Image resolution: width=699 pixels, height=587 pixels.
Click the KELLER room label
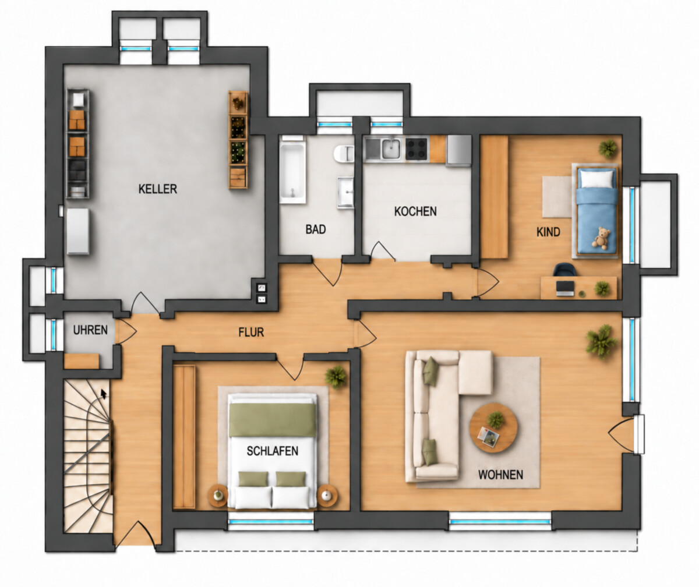(x=158, y=189)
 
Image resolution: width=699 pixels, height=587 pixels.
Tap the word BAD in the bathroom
(x=315, y=229)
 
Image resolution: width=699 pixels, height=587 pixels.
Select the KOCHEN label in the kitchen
(x=415, y=211)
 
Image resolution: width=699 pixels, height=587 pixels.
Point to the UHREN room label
(x=90, y=330)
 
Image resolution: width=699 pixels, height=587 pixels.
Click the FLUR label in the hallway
(x=251, y=333)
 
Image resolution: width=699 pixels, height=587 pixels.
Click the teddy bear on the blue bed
(x=601, y=238)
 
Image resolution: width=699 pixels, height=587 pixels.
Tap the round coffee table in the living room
(x=493, y=428)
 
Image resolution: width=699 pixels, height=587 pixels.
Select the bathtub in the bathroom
(x=292, y=169)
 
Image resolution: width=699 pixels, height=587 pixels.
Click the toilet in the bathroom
(x=344, y=154)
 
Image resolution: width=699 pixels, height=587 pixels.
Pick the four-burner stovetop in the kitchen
(x=417, y=148)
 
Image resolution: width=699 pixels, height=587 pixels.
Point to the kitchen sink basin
(x=391, y=148)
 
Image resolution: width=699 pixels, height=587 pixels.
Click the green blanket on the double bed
(x=273, y=420)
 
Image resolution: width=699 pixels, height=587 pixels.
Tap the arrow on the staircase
(x=104, y=394)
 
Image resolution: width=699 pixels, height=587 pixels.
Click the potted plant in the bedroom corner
(x=336, y=377)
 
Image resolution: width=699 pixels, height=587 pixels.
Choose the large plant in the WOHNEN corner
(x=602, y=341)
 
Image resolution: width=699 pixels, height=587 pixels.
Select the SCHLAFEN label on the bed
(x=273, y=451)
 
